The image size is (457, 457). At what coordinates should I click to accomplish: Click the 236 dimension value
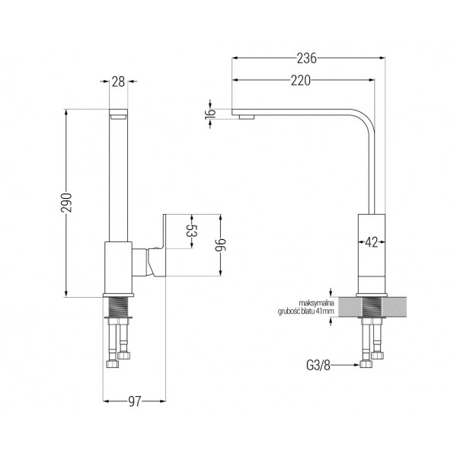307,59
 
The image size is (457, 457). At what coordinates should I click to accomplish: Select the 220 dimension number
301,81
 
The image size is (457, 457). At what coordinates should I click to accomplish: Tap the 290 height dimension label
66,203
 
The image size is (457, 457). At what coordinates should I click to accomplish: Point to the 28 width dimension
118,82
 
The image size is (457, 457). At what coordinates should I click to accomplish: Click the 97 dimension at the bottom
135,402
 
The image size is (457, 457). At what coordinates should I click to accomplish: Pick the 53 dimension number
192,231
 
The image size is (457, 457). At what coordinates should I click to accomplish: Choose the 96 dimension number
221,245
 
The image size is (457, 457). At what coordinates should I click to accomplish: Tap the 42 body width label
372,242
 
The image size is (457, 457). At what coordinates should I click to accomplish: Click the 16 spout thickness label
210,113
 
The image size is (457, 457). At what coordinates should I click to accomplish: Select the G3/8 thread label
318,365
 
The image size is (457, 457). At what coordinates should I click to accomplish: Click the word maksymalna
317,303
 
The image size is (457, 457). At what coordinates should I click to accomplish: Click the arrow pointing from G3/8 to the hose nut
345,365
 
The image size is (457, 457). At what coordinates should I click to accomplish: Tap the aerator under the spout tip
247,117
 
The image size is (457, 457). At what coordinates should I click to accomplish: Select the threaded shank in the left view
118,307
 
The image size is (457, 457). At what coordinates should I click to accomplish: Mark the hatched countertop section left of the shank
350,307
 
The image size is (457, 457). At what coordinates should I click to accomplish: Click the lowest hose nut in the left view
113,364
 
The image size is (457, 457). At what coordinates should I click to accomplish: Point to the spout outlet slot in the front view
118,117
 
